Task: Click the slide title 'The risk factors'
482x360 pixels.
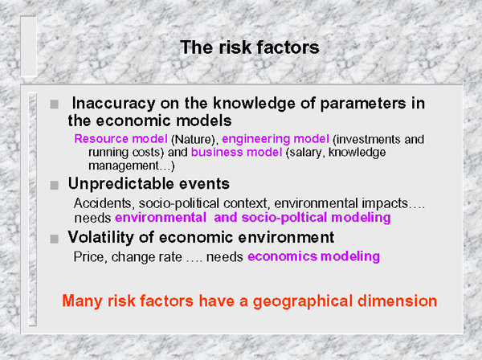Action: (x=250, y=47)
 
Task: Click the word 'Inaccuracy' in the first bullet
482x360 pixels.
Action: (x=113, y=104)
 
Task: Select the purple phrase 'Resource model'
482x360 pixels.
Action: (x=120, y=139)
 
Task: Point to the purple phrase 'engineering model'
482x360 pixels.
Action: (x=276, y=140)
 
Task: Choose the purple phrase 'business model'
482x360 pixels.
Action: (x=236, y=152)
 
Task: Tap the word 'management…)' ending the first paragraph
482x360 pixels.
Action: (x=132, y=166)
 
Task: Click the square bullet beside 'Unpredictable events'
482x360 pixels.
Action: (x=54, y=185)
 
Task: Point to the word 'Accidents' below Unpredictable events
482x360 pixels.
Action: (x=103, y=203)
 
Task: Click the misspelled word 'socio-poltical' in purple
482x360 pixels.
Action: (x=284, y=218)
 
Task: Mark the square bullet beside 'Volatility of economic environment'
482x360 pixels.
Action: (x=54, y=239)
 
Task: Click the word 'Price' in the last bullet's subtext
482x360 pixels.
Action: (x=90, y=257)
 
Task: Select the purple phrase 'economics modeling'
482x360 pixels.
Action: (x=313, y=256)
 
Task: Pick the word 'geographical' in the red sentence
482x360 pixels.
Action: (x=303, y=301)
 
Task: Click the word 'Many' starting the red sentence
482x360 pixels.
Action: (x=82, y=301)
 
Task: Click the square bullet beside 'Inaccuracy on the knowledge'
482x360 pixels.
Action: (x=54, y=104)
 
